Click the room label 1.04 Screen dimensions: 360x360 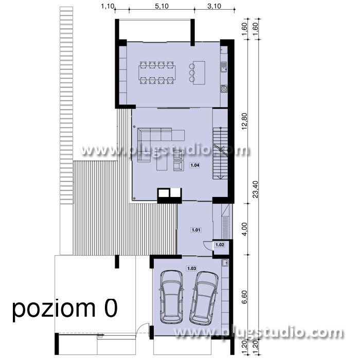point(195,165)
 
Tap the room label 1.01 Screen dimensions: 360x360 point(196,230)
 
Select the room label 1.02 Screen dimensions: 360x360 point(220,245)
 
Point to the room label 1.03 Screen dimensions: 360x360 point(192,268)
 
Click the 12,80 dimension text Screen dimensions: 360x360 point(244,121)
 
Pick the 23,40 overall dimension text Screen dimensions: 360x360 point(255,189)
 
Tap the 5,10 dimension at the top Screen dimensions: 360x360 point(161,6)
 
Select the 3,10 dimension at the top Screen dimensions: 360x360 point(214,6)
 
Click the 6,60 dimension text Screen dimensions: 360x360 point(244,297)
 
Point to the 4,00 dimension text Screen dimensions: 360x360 point(244,229)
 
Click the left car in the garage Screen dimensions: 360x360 point(172,297)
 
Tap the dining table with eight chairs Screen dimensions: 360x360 point(157,73)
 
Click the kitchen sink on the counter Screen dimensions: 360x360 point(224,67)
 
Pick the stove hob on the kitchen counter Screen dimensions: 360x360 point(224,88)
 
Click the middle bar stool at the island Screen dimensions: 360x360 point(192,73)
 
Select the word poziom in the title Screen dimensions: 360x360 point(53,309)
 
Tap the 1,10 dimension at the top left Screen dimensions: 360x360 point(107,6)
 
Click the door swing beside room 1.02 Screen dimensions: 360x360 point(208,246)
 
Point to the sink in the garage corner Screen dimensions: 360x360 point(225,263)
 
